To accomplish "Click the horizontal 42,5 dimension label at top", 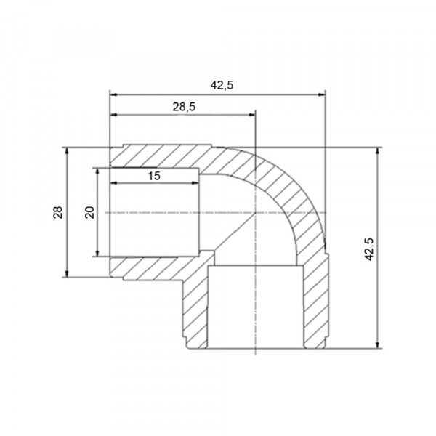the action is tap(222, 85).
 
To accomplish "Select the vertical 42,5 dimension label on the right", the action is tap(369, 249).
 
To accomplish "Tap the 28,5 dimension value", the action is tap(184, 107).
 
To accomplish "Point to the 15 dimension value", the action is tap(154, 176).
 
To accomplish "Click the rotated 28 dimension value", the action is tap(58, 212).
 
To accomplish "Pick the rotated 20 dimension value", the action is tap(90, 212).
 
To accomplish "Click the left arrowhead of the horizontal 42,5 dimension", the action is tap(114, 94).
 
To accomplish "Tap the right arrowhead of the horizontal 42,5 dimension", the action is tap(321, 94).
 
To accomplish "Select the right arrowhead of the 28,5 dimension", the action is tap(251, 115).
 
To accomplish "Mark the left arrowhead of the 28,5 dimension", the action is tap(114, 115).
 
